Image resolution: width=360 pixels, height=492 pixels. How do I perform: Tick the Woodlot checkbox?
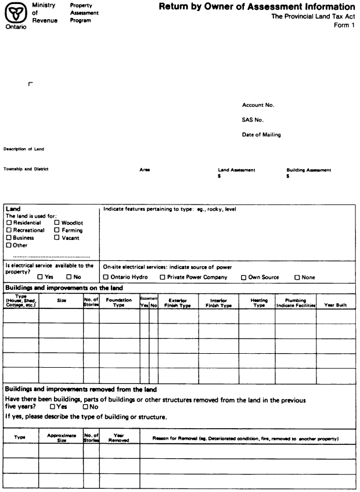tap(57, 222)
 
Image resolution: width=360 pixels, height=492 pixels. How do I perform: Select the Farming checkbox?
tap(57, 230)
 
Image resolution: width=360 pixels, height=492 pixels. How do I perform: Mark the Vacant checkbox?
tap(57, 238)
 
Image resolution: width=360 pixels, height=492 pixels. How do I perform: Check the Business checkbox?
tap(9, 238)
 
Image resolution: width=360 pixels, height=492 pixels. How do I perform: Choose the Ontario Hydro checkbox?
tap(106, 277)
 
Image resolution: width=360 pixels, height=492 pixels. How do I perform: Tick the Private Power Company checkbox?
tap(163, 277)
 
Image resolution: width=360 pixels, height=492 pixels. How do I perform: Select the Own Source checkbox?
tap(244, 277)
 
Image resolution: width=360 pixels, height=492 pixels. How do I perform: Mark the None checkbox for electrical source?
tap(297, 277)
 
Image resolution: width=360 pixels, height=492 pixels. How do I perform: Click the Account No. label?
tap(258, 105)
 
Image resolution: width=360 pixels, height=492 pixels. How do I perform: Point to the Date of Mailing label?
tap(261, 135)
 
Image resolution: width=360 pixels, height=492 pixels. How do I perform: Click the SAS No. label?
tap(253, 120)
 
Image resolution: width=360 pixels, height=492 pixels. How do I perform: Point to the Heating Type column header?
tap(259, 302)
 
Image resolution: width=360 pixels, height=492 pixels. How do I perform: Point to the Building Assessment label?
tap(308, 170)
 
